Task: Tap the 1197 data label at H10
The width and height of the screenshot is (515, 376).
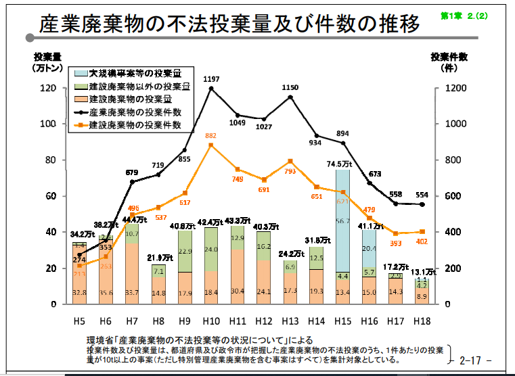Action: click(x=212, y=80)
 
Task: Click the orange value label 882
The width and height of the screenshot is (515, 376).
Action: click(x=211, y=136)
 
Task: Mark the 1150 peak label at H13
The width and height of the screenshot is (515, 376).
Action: click(x=290, y=88)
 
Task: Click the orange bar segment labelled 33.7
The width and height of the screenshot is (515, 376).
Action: click(x=133, y=273)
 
